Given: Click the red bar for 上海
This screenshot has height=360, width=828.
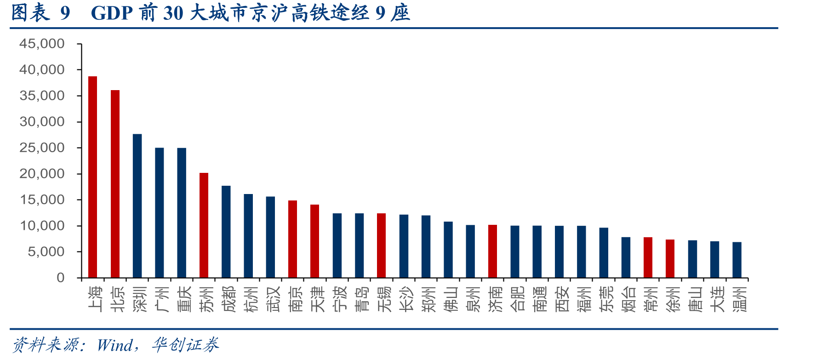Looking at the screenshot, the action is click(93, 177).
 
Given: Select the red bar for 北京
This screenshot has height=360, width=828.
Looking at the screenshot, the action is click(115, 184).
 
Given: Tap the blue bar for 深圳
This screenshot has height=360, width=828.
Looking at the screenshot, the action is click(137, 206).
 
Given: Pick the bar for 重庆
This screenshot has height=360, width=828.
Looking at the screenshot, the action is click(182, 213).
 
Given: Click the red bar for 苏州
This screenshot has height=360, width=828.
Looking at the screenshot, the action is click(204, 225).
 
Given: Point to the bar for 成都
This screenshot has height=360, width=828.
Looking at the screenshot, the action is click(226, 232).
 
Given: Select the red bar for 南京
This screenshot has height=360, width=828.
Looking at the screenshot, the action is click(293, 239).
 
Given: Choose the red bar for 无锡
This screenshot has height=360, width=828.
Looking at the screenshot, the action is click(382, 246).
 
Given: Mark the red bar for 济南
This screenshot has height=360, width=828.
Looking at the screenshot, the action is click(492, 251).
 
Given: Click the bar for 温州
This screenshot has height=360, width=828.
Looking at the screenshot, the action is click(737, 260).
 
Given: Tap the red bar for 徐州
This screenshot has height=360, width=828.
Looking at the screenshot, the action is click(670, 259).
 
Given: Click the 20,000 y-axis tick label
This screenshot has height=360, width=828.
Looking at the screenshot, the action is click(42, 174).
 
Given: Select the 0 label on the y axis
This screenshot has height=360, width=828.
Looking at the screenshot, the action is click(61, 278).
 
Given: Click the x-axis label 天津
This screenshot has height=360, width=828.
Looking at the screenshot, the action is click(318, 299).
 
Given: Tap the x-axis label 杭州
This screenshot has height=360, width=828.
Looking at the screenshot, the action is click(251, 299).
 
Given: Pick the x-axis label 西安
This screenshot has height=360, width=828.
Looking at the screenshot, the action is click(562, 299).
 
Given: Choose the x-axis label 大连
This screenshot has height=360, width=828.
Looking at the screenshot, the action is click(717, 299).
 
